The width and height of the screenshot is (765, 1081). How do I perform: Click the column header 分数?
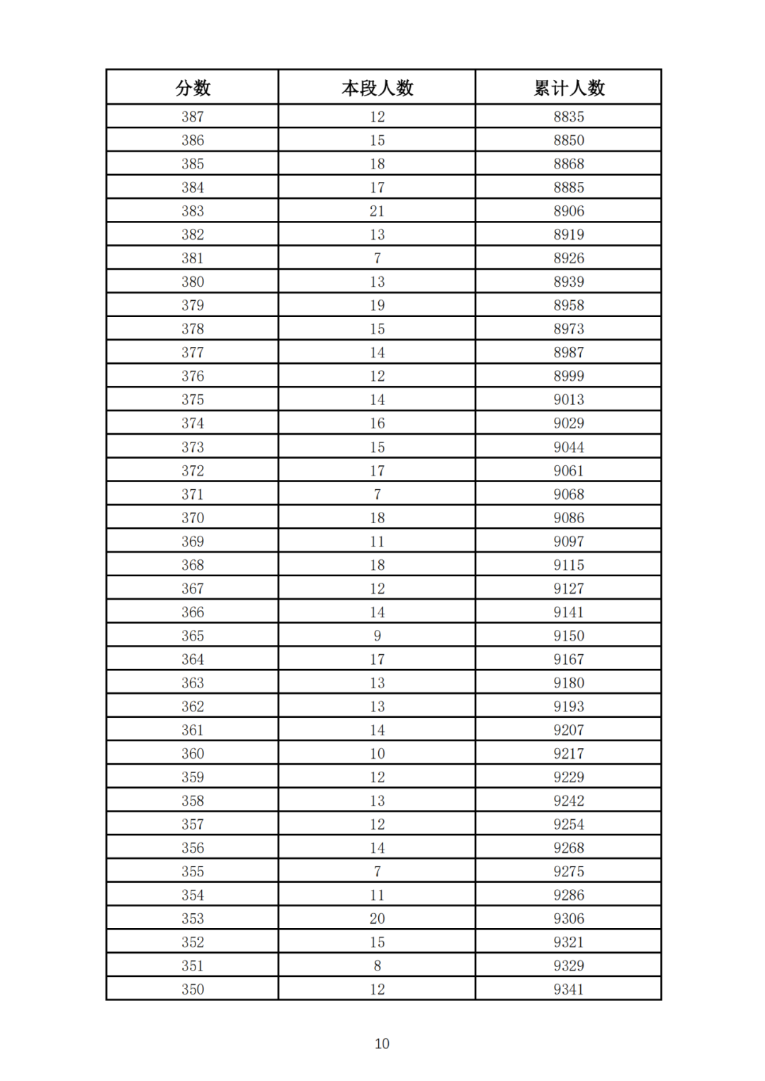(193, 88)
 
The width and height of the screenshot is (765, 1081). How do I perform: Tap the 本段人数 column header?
(377, 88)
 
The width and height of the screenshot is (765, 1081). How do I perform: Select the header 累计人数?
(569, 88)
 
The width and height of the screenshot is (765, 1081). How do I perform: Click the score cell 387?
(193, 117)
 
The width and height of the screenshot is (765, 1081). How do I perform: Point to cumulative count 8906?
(569, 211)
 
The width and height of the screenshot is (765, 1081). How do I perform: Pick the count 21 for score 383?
(377, 211)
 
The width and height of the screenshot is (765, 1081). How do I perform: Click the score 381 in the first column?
(193, 258)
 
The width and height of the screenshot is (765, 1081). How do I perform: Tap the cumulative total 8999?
(569, 376)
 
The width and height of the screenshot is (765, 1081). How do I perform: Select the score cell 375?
(193, 400)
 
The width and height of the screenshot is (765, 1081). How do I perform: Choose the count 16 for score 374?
(377, 423)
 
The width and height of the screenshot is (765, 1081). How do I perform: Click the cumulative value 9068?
(569, 494)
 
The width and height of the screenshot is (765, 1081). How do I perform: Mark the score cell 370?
(193, 517)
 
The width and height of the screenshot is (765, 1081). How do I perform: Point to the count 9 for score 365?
(377, 636)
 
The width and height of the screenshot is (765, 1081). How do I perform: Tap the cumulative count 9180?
(569, 683)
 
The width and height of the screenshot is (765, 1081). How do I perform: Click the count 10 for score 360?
(377, 754)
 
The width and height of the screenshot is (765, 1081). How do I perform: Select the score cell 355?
(193, 871)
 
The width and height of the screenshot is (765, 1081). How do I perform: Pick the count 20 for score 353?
(377, 919)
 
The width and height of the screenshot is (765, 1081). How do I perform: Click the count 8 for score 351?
(377, 966)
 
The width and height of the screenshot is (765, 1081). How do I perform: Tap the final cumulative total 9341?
(569, 990)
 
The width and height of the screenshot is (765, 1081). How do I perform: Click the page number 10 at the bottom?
(382, 1043)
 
